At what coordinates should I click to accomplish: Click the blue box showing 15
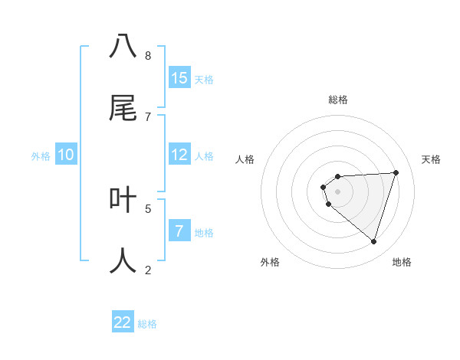(179, 78)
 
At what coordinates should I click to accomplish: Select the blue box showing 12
(179, 155)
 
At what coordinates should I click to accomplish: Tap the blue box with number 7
(179, 231)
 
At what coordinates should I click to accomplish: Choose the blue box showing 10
(66, 155)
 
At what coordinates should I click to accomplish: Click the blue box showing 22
(123, 322)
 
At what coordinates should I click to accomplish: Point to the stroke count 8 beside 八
(148, 56)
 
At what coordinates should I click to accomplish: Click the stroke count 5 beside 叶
(148, 208)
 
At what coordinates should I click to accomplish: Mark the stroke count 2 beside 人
(148, 270)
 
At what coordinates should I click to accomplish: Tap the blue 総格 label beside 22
(147, 324)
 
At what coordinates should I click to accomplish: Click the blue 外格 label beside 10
(41, 156)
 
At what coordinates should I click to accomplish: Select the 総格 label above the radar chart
(338, 100)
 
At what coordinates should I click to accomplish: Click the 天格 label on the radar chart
(431, 159)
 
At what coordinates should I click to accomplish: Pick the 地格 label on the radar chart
(402, 263)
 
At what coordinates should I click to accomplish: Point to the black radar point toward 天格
(396, 173)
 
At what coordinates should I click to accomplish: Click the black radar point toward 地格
(373, 242)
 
